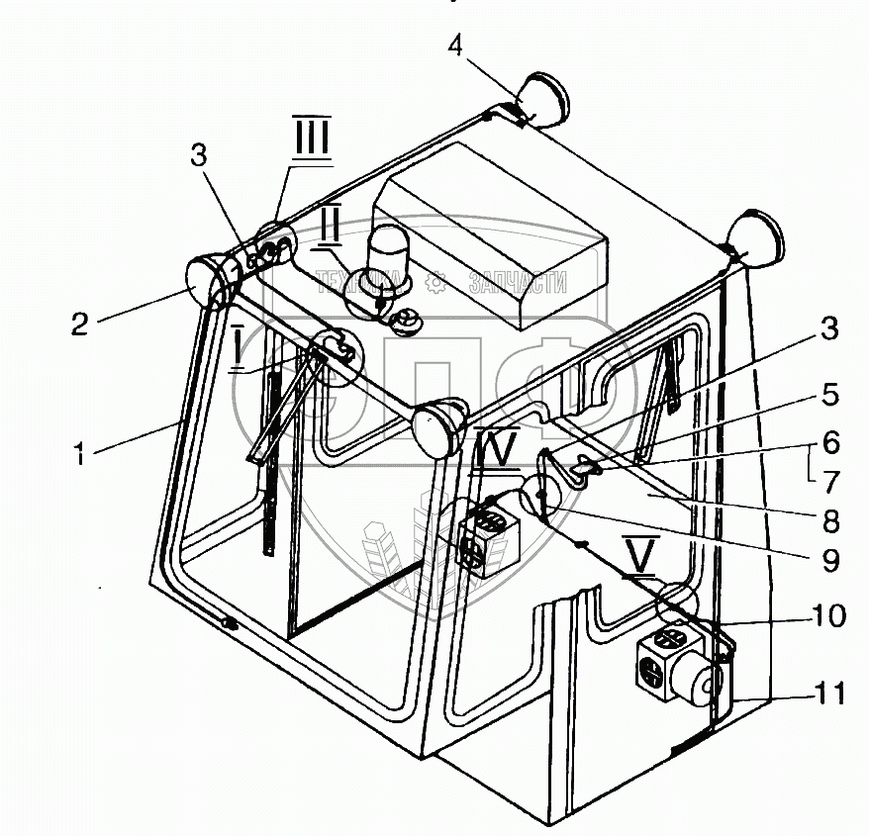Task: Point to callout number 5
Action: point(829,396)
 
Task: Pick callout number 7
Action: point(829,481)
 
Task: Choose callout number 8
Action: point(829,519)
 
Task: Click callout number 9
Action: point(829,560)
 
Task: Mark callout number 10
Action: point(829,616)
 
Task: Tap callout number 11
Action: point(829,694)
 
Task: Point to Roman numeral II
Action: point(330,226)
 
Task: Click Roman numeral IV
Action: point(496,451)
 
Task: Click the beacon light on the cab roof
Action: point(385,255)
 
